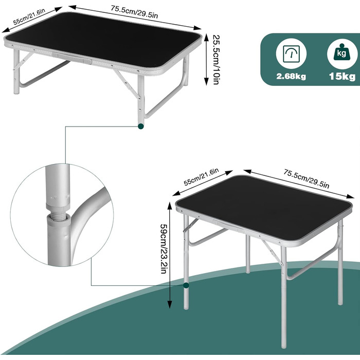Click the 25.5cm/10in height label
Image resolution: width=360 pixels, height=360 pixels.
217,60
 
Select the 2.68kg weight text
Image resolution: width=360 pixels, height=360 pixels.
291,76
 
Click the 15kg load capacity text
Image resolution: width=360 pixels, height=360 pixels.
342,76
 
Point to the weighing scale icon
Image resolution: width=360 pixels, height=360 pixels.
291,54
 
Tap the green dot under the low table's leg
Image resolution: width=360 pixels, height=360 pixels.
141,126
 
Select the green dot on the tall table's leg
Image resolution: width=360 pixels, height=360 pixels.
186,285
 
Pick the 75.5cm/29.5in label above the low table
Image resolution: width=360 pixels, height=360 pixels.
134,11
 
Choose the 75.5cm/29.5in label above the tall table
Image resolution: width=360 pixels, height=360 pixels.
307,178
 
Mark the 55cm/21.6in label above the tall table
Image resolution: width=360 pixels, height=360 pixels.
201,177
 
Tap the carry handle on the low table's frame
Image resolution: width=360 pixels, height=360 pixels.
72,58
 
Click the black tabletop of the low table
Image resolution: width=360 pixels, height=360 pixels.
103,40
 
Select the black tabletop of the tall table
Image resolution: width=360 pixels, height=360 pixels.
264,208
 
